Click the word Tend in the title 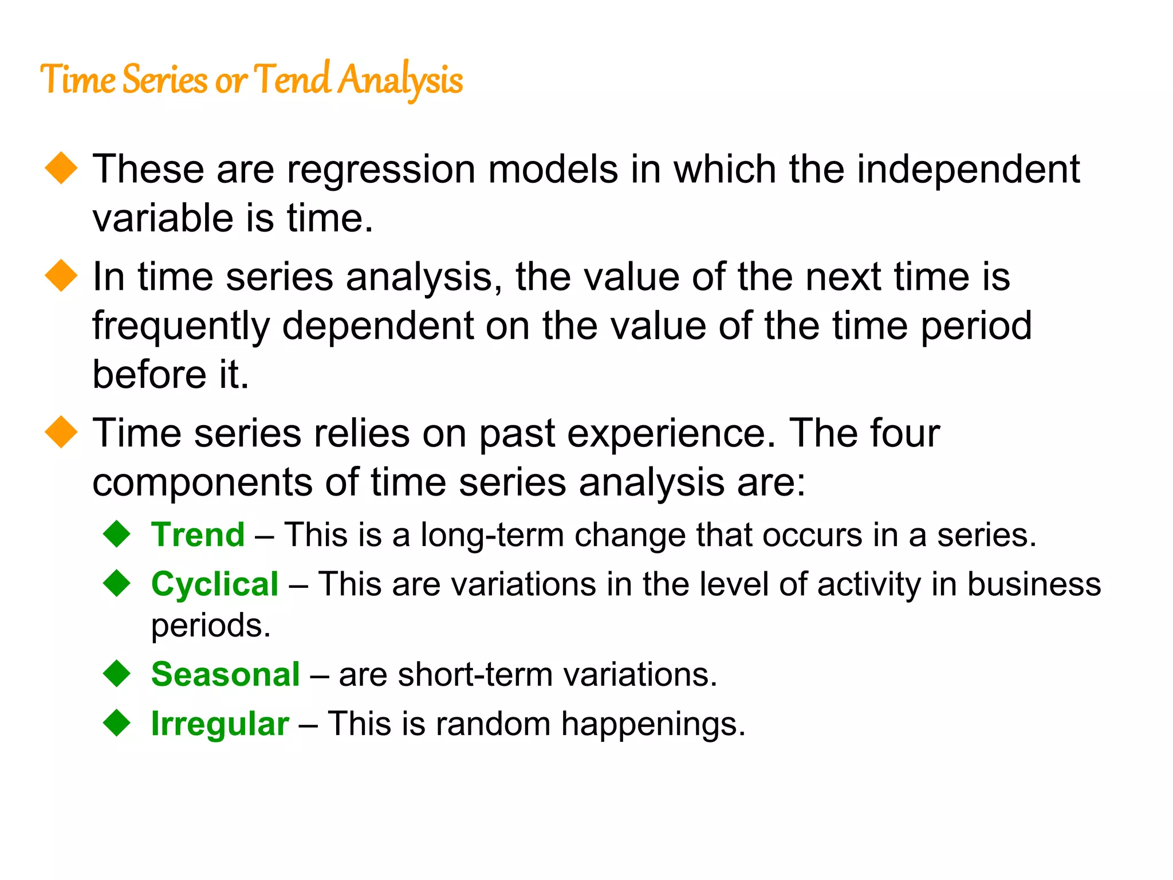pos(292,79)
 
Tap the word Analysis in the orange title pos(400,80)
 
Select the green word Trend pos(198,535)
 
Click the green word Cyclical pos(215,584)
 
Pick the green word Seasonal pos(225,674)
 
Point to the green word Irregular pos(220,723)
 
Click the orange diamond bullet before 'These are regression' pos(61,168)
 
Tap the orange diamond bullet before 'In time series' pos(61,276)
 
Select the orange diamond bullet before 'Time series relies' pos(61,432)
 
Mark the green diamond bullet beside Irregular pos(117,722)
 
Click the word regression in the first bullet pos(381,170)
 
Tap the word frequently pos(181,327)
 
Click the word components pos(202,482)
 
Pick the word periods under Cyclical pos(211,625)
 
